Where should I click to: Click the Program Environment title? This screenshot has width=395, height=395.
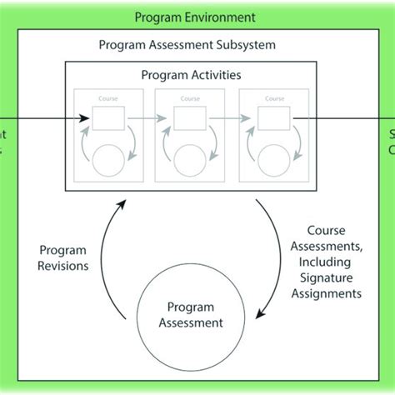tap(195, 17)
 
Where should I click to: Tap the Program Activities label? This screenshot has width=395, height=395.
tap(191, 75)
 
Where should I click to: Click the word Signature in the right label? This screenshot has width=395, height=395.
tap(333, 278)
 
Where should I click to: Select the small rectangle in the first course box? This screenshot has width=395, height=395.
tap(107, 118)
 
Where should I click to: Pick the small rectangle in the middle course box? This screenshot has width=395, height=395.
tap(191, 118)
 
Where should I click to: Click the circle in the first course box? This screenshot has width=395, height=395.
tap(108, 158)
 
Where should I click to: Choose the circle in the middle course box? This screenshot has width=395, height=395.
tap(191, 158)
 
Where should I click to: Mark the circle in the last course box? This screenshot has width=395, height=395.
tap(274, 158)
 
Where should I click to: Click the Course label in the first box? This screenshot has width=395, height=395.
tap(107, 98)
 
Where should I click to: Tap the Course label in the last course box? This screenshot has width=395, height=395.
tap(274, 98)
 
